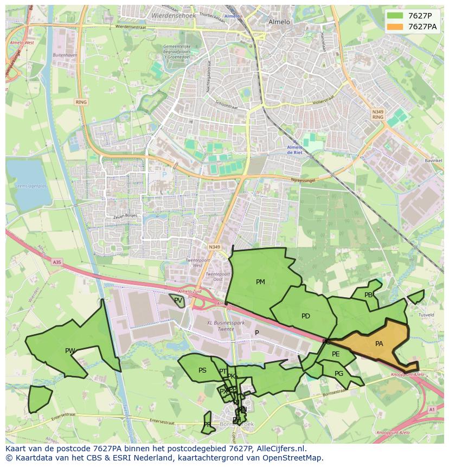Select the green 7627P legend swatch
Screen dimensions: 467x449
[x=395, y=16]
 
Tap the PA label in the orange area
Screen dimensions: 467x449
[x=379, y=344]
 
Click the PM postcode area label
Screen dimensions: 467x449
[x=260, y=282]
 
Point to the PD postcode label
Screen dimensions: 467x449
[x=306, y=316]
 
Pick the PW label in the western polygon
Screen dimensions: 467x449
[x=70, y=351]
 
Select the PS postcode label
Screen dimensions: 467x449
[x=202, y=371]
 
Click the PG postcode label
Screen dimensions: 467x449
[x=339, y=374]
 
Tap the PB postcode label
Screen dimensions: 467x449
[x=369, y=295]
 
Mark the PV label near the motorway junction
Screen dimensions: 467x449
[x=178, y=300]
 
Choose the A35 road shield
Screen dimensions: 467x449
[x=57, y=262]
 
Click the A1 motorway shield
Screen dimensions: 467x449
[x=432, y=410]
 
